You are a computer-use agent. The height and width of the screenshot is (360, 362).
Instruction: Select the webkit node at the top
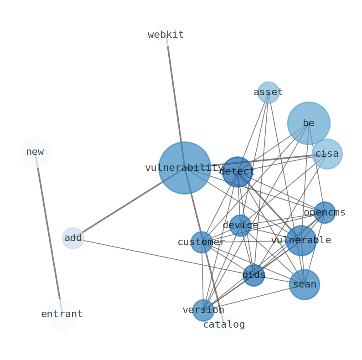tap(165, 35)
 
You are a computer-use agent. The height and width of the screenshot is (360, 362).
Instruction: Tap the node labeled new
tap(35, 152)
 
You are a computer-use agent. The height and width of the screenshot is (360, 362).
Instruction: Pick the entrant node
tap(62, 314)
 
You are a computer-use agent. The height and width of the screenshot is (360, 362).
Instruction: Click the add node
tap(73, 238)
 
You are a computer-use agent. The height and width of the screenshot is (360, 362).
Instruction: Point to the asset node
tap(268, 93)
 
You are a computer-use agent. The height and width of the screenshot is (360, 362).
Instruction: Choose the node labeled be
tap(309, 123)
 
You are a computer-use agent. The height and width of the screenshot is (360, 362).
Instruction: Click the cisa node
tap(327, 154)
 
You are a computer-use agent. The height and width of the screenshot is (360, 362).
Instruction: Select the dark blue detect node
tap(237, 172)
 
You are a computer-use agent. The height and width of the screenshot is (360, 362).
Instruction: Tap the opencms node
tap(324, 212)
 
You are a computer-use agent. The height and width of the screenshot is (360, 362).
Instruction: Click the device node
tap(240, 225)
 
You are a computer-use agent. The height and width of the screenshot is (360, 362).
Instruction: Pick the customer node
tap(202, 242)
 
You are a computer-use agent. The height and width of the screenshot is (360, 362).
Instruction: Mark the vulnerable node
tap(301, 240)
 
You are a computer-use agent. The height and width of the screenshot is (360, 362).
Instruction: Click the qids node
tap(253, 275)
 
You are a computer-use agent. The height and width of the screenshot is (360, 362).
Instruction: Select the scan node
tap(304, 284)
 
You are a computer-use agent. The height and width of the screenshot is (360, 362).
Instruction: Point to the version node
tap(203, 310)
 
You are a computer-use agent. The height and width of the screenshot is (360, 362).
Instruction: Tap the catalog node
tap(224, 324)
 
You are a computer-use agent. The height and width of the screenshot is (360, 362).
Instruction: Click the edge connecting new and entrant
tap(48, 232)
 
